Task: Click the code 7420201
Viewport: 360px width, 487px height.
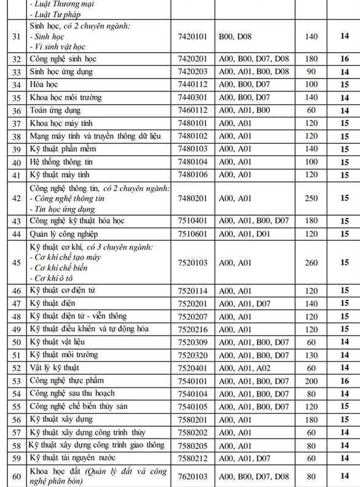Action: click(x=193, y=59)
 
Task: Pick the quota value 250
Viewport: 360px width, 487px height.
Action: click(x=311, y=198)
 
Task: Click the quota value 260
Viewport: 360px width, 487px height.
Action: click(x=311, y=263)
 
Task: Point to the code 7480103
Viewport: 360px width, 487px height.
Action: click(x=193, y=149)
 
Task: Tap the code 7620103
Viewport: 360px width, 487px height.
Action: click(x=193, y=476)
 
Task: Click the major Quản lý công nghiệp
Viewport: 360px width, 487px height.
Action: click(x=64, y=235)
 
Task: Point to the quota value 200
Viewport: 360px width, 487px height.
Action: click(x=311, y=381)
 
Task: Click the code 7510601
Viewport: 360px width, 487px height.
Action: click(x=193, y=235)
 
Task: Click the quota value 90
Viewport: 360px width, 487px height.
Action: click(x=311, y=72)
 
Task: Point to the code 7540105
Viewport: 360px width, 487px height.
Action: click(x=193, y=407)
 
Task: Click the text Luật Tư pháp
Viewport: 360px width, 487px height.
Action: click(x=59, y=14)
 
